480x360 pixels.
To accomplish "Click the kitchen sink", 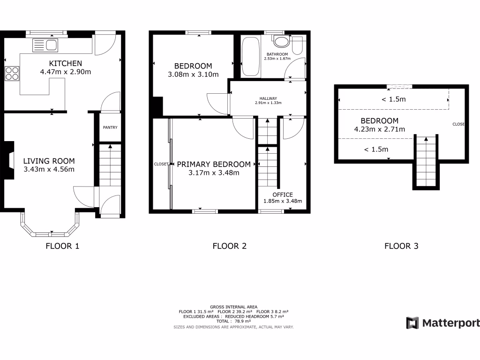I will click(x=45, y=45).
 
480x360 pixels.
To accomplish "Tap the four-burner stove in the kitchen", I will click(x=12, y=74).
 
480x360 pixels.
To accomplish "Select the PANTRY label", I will click(x=110, y=127).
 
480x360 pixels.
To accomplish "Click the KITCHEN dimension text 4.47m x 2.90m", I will click(x=65, y=72).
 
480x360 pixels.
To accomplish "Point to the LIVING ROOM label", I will click(x=49, y=161).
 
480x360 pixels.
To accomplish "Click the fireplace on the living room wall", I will click(x=10, y=154).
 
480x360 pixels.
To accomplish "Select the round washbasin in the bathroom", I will click(x=281, y=42).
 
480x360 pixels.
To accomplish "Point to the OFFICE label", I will click(x=283, y=195).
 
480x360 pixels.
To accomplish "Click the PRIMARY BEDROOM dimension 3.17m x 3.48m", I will click(x=214, y=172).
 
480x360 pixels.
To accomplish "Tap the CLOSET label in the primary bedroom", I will click(x=161, y=164).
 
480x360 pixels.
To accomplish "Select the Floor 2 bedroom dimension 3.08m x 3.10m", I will click(x=193, y=74).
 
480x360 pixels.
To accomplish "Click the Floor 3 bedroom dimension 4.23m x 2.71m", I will click(x=380, y=129).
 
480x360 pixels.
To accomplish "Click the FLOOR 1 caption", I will click(x=62, y=246).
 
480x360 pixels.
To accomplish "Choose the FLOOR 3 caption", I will click(x=401, y=246).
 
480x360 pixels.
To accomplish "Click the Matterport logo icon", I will click(x=412, y=323).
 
